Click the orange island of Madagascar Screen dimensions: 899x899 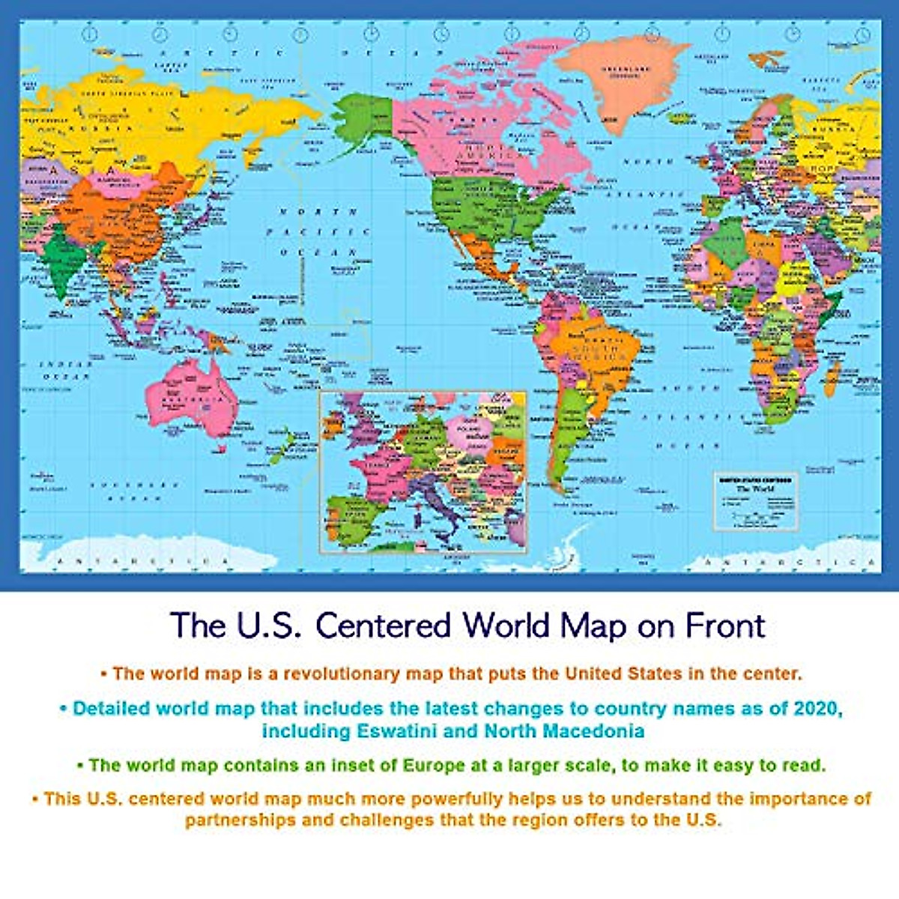pyautogui.click(x=830, y=378)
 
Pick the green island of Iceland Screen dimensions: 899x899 pyautogui.click(x=681, y=118)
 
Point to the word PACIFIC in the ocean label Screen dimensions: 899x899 pyautogui.click(x=318, y=232)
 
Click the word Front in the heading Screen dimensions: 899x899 pyautogui.click(x=722, y=626)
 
